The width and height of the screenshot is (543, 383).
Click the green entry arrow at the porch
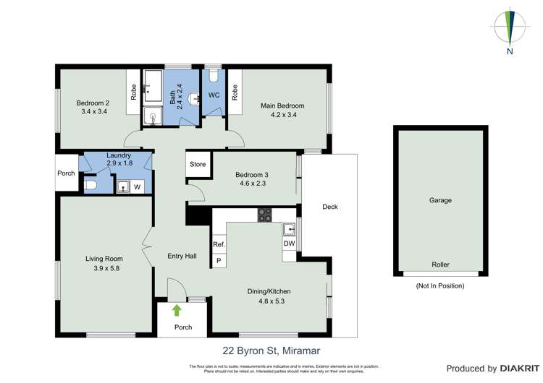click(x=176, y=311)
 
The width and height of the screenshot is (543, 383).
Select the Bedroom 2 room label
click(x=93, y=103)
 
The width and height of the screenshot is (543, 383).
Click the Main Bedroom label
click(x=282, y=106)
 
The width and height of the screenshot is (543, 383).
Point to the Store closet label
click(x=198, y=164)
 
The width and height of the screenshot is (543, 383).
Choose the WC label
click(x=214, y=95)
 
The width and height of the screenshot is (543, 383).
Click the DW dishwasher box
click(x=290, y=244)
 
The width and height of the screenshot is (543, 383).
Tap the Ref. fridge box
click(x=219, y=244)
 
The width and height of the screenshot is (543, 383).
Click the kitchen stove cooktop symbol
click(x=265, y=214)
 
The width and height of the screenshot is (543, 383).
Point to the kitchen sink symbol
click(x=290, y=229)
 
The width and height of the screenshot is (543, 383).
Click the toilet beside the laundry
click(x=90, y=186)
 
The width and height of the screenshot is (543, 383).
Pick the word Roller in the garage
click(x=440, y=264)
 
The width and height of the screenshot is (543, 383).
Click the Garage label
click(x=440, y=200)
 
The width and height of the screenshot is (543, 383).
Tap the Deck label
click(x=330, y=207)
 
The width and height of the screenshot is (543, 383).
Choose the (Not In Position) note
click(x=440, y=286)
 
